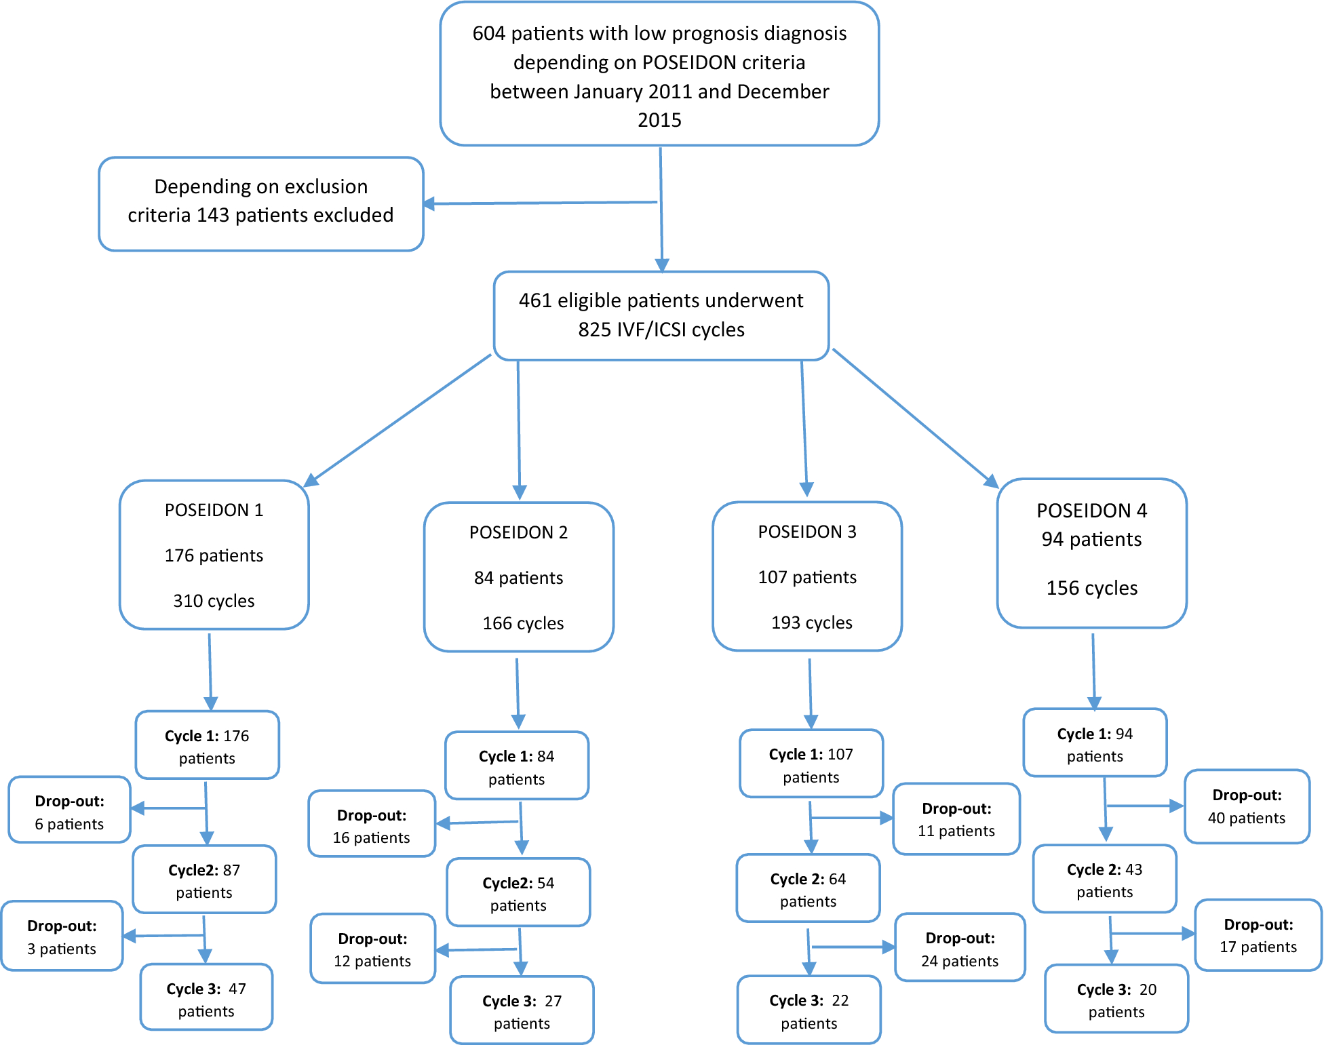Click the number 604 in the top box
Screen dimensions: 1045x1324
[x=488, y=34]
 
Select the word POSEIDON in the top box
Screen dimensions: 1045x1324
[x=680, y=62]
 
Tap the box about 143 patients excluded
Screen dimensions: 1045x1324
[x=261, y=203]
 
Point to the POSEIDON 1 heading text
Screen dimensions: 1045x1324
[x=214, y=510]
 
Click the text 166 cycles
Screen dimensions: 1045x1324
[x=523, y=623]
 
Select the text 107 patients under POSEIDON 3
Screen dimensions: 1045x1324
[x=807, y=577]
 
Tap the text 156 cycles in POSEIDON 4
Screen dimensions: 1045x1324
[x=1091, y=588]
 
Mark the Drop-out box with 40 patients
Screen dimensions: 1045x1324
[x=1246, y=806]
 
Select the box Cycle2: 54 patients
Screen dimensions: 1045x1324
[x=518, y=893]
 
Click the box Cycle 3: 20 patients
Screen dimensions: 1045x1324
[x=1116, y=1000]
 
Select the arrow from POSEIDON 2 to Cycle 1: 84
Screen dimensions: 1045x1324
[x=518, y=692]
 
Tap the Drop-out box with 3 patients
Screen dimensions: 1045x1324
[x=62, y=936]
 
